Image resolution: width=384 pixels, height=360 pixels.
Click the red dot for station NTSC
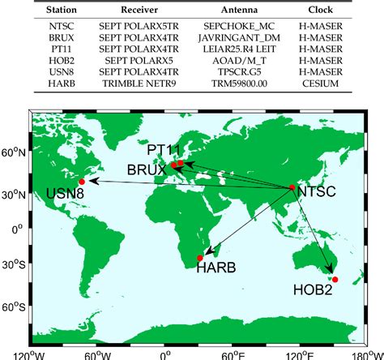click(292, 188)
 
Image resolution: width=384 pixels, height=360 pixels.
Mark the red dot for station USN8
click(82, 182)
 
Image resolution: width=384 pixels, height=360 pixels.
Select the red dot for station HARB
click(200, 258)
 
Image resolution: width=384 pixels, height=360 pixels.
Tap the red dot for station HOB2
click(335, 280)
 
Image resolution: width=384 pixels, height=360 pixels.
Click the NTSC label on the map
click(317, 192)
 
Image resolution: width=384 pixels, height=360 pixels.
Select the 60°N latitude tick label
click(14, 152)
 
